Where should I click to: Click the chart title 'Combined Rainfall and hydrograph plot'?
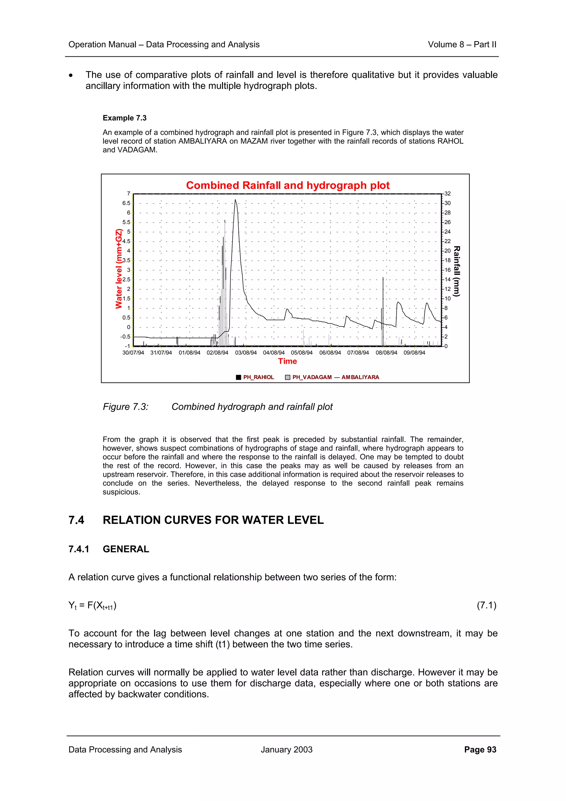pyautogui.click(x=287, y=185)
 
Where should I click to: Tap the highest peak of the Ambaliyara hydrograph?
pyautogui.click(x=235, y=200)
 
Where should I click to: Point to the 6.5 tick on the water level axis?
pyautogui.click(x=126, y=203)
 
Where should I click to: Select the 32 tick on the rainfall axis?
pyautogui.click(x=447, y=194)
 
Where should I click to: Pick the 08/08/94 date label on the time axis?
pyautogui.click(x=386, y=353)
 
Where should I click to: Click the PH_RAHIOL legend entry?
pyautogui.click(x=258, y=377)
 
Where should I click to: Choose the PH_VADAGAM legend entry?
pyautogui.click(x=312, y=377)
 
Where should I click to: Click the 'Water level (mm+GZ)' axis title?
pyautogui.click(x=119, y=269)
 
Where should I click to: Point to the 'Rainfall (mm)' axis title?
pyautogui.click(x=457, y=271)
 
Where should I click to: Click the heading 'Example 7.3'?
pyautogui.click(x=124, y=118)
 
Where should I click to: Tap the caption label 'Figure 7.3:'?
pyautogui.click(x=125, y=407)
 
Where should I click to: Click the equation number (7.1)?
pyautogui.click(x=486, y=605)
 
